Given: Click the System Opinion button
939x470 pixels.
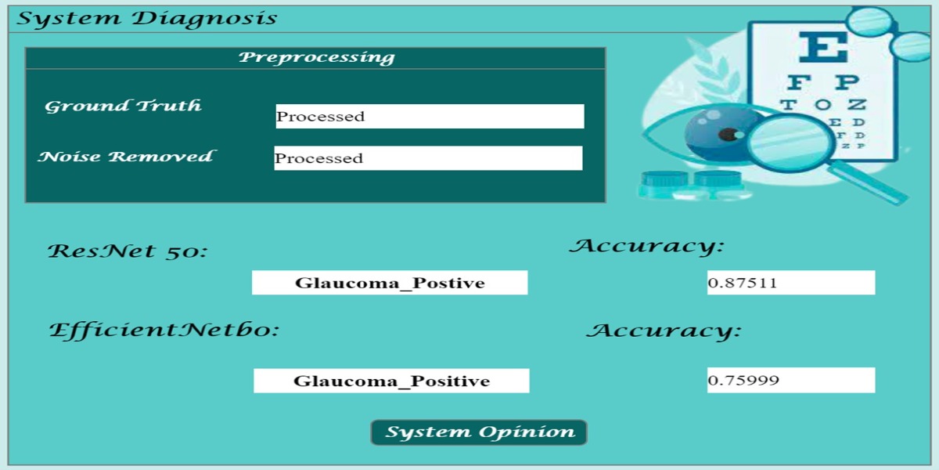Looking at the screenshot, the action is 479,432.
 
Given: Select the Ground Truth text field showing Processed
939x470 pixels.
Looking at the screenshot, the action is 430,116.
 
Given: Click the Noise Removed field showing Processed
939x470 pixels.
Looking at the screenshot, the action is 428,158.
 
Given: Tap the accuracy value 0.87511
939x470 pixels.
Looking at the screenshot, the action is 791,283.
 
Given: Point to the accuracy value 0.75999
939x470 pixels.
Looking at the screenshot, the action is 791,380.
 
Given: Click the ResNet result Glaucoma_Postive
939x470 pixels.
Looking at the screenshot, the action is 390,283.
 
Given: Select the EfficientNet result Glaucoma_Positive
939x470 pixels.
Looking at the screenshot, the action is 391,381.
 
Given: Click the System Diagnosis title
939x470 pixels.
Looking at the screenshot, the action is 147,19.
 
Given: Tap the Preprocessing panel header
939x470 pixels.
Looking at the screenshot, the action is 315,58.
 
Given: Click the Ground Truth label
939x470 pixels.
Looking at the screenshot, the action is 123,107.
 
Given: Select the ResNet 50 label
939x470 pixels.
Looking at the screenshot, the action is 127,251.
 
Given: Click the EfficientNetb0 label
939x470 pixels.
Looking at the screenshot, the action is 164,330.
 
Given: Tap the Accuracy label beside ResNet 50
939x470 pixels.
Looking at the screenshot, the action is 647,246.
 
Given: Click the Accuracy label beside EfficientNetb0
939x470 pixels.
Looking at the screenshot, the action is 664,331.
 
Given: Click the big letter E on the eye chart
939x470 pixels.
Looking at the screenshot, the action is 823,47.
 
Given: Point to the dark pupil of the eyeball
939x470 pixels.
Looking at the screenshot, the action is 729,135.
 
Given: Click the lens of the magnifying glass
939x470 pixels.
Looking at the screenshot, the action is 789,143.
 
